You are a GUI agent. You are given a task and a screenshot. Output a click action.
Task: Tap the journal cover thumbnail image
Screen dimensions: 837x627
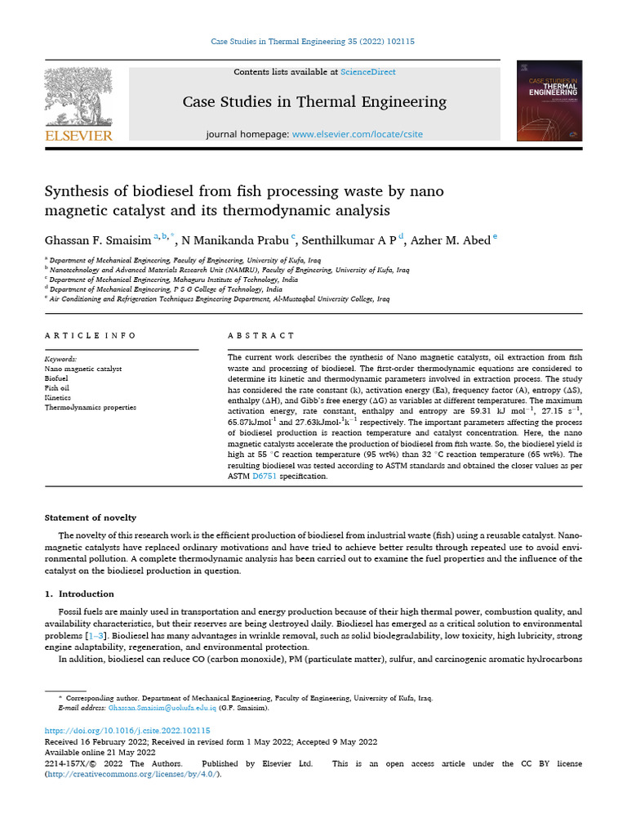[x=549, y=101]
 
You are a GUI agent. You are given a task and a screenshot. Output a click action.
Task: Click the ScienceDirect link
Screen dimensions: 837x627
[x=368, y=72]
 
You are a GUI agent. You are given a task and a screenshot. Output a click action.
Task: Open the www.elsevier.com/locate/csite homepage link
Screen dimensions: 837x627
[x=358, y=134]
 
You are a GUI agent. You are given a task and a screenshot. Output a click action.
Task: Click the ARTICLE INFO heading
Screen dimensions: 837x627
[x=91, y=335]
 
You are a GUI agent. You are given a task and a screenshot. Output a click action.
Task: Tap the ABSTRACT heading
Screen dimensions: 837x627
[x=261, y=335]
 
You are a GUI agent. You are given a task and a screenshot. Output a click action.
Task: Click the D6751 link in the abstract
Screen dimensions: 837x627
[x=265, y=477]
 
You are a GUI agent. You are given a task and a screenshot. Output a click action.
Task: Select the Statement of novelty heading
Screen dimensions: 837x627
[x=91, y=517]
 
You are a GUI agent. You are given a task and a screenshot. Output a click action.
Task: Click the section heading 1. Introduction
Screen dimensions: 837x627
[x=79, y=593]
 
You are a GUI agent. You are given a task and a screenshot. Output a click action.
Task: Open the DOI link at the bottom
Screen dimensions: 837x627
[x=127, y=731]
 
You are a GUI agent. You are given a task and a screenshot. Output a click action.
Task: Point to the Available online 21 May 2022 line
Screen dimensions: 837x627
[x=100, y=752]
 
